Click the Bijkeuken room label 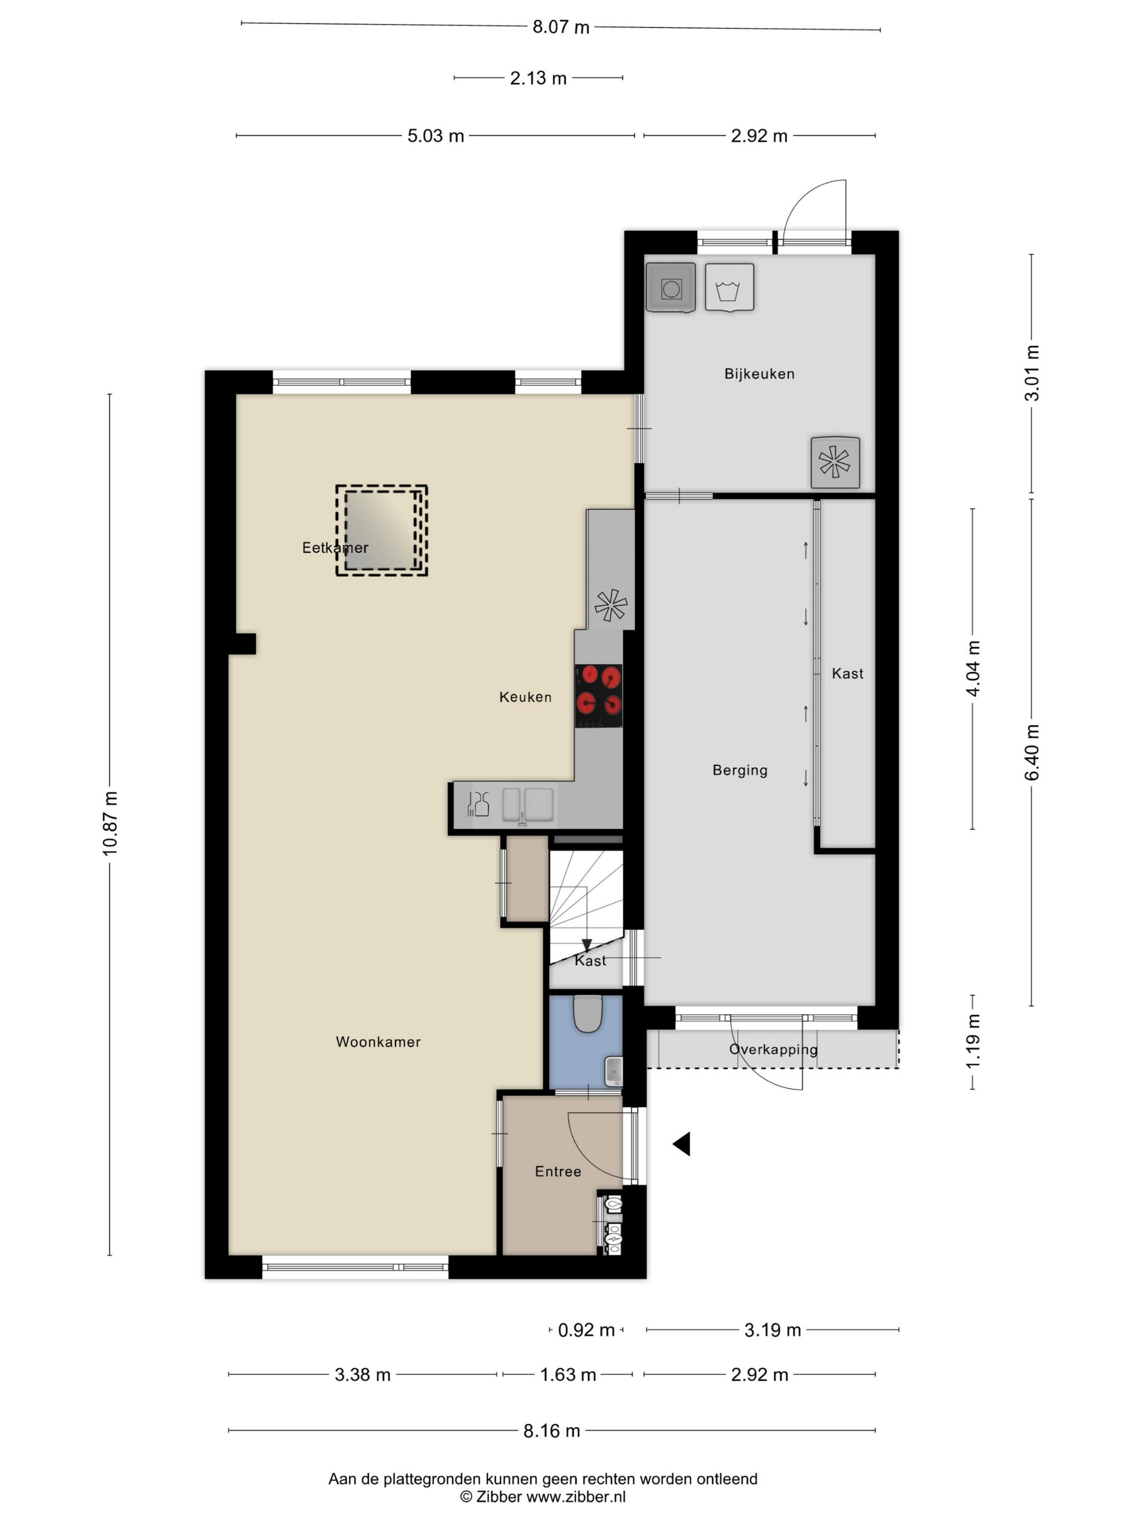[x=759, y=373]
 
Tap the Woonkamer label [x=378, y=1041]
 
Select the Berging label [x=740, y=770]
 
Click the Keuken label [x=525, y=697]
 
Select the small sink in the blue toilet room [x=613, y=1071]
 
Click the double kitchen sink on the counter [x=528, y=804]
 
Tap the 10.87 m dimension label [x=110, y=824]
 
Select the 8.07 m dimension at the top [x=561, y=27]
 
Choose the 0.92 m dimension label [x=586, y=1330]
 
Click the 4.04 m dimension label [x=973, y=668]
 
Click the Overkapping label [x=773, y=1049]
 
